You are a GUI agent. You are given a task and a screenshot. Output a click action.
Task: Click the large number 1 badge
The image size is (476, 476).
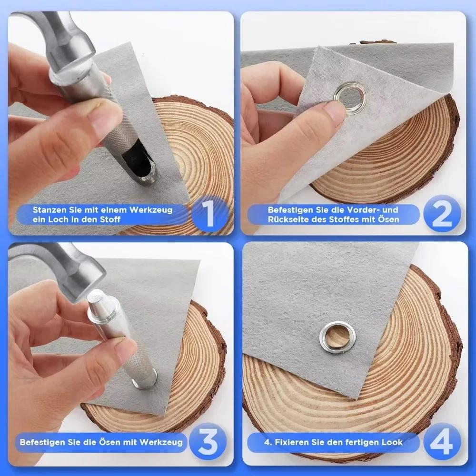coord(209,214)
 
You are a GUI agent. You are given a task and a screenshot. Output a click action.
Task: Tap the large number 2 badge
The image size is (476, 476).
coord(442,214)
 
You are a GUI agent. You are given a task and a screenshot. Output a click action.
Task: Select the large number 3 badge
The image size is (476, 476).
coord(208,442)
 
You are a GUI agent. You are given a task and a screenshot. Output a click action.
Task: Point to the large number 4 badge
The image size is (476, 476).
coord(442,442)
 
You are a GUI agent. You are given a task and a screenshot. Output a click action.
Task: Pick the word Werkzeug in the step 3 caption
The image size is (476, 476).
coord(166,442)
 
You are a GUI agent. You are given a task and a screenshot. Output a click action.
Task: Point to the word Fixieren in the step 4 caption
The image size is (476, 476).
coord(289,442)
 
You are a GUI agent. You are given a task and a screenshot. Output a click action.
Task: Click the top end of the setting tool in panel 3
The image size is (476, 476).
coord(95,296)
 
